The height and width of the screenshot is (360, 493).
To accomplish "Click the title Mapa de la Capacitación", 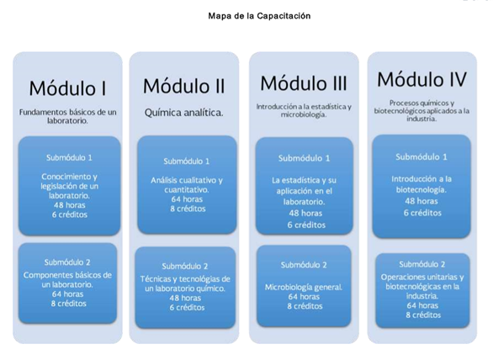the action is [x=259, y=16].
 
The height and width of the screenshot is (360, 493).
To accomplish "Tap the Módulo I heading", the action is [x=67, y=88].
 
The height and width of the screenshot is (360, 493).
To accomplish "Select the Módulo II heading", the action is [x=184, y=86].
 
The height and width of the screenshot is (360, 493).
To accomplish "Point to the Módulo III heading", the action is [x=304, y=83].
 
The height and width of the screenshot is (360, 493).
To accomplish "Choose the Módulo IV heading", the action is [x=422, y=79].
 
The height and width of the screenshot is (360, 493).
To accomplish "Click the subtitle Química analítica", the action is [x=184, y=113].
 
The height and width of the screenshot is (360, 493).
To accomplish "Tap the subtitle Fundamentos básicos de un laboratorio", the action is [x=67, y=116].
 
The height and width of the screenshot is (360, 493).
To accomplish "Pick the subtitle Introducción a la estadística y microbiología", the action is [x=304, y=110].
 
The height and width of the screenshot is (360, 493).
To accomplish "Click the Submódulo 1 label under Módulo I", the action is [x=69, y=157].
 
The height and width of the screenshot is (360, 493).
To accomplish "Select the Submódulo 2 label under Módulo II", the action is [x=185, y=267].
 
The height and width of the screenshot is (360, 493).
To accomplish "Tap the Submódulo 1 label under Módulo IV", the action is [x=421, y=157].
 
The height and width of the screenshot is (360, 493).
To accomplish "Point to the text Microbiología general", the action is [x=304, y=287].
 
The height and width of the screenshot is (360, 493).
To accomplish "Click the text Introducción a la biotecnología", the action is [x=421, y=184].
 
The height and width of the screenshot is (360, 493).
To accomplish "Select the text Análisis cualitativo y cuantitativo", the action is [x=187, y=185].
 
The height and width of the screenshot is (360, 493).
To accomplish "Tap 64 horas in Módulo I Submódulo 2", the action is [x=68, y=294].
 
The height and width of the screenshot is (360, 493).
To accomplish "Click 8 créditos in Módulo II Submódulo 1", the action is [x=188, y=209].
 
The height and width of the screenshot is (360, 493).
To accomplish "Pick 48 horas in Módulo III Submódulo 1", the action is [x=305, y=213].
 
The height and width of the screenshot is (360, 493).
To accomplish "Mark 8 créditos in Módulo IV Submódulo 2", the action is [x=423, y=315].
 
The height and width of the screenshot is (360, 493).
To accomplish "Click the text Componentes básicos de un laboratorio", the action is [x=67, y=280].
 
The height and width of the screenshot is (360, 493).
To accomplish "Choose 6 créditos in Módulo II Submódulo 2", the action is [x=187, y=308].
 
